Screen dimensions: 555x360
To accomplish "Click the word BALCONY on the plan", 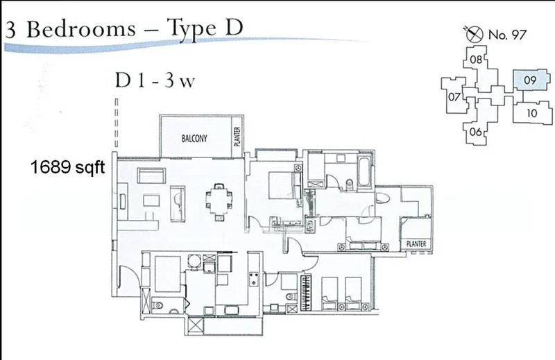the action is (194, 138).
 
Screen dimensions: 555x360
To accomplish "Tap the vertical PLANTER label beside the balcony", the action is (237, 137).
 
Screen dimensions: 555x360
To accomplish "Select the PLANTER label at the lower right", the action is (416, 243).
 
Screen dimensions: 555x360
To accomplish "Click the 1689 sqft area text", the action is (67, 166).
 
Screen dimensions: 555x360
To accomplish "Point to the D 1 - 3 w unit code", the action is (155, 80).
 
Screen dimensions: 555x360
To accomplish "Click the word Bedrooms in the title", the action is (81, 29).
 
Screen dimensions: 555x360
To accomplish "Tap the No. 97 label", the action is (507, 35).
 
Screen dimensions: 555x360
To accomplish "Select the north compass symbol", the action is (474, 33).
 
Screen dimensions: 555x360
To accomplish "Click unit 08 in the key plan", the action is (476, 60).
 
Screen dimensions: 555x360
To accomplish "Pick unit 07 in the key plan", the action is (454, 96).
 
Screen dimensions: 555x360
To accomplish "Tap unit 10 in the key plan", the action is (532, 113).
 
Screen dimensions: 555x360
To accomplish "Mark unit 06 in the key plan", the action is (476, 132).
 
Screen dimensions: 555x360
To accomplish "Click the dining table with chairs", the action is (219, 202).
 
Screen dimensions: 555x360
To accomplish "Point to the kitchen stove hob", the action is (254, 279).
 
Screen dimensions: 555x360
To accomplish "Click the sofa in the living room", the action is (151, 175).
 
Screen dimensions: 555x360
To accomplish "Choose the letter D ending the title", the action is (234, 27).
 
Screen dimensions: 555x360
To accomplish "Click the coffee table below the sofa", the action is (151, 200).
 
